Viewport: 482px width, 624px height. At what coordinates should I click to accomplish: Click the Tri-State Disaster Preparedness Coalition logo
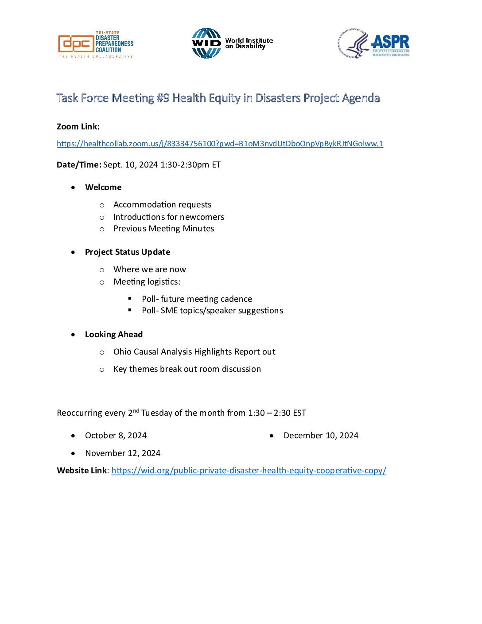click(95, 44)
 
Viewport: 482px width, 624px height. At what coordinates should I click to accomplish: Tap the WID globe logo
click(206, 43)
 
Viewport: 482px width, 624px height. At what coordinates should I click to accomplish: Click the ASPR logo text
click(390, 43)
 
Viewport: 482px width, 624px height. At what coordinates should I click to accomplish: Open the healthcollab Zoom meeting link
click(220, 144)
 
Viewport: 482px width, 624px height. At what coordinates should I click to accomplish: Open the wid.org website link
click(249, 471)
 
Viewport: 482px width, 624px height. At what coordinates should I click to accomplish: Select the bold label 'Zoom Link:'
click(78, 127)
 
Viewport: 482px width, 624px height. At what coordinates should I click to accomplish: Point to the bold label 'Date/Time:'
click(79, 165)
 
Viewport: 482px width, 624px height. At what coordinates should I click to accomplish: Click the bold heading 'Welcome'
click(103, 187)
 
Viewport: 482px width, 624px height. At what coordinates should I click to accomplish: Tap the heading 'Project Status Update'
click(128, 252)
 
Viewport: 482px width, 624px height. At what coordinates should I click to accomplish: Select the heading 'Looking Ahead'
click(114, 335)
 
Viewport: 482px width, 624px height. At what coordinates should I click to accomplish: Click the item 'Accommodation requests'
click(162, 205)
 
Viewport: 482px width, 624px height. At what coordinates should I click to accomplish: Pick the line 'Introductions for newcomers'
click(169, 217)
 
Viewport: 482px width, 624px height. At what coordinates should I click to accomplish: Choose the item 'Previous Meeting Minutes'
click(163, 229)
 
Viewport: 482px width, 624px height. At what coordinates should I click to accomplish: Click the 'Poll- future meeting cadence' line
click(197, 299)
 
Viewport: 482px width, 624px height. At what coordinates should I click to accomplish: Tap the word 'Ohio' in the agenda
click(122, 352)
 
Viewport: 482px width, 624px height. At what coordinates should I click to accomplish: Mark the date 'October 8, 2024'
click(116, 436)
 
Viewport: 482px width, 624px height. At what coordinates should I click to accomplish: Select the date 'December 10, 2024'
click(321, 436)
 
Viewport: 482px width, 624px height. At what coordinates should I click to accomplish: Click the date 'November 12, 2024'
click(123, 453)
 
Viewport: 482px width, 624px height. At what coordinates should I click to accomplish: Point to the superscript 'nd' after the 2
click(136, 411)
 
